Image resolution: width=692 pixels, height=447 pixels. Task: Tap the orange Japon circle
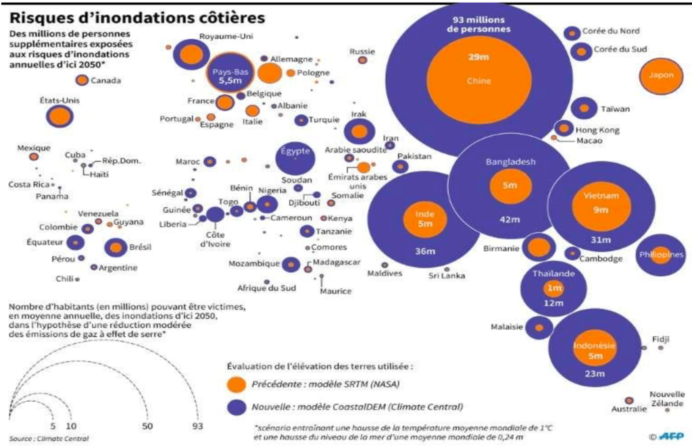(x=661, y=75)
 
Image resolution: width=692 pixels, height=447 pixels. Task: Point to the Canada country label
(x=105, y=81)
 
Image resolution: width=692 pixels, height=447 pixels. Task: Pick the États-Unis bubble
(x=60, y=116)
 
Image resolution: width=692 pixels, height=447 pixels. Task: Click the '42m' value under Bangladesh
(x=509, y=218)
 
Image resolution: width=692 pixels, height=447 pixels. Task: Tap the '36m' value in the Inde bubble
(x=424, y=252)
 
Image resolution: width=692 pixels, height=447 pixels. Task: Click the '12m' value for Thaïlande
(x=553, y=303)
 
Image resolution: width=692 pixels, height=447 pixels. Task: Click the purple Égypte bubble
(x=295, y=157)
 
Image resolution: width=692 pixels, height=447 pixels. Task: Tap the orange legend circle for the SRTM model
(x=236, y=384)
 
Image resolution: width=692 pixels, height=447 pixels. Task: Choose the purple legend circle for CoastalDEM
(x=236, y=407)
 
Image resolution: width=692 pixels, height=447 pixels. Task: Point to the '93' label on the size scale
(x=197, y=427)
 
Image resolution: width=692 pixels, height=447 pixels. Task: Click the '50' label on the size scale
(x=147, y=427)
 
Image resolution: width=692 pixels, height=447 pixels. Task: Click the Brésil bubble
(x=116, y=248)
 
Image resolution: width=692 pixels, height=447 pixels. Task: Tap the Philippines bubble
(x=660, y=255)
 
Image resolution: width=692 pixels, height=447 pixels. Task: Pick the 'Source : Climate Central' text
(x=50, y=438)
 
